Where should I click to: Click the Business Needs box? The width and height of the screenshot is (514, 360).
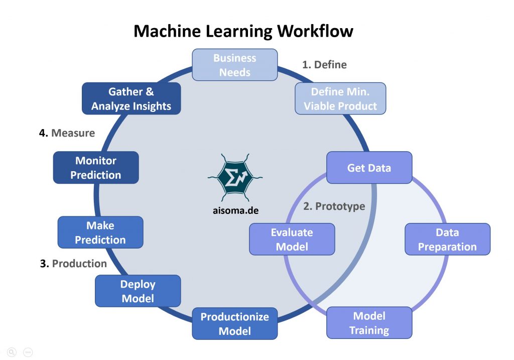pyautogui.click(x=234, y=65)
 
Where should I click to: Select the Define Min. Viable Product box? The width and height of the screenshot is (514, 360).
pyautogui.click(x=340, y=99)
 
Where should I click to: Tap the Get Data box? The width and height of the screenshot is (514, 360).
pyautogui.click(x=369, y=168)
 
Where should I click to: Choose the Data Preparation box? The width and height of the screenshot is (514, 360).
pyautogui.click(x=447, y=239)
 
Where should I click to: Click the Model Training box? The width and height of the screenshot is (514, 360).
pyautogui.click(x=369, y=323)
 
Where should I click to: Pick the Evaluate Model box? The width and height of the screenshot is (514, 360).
pyautogui.click(x=292, y=239)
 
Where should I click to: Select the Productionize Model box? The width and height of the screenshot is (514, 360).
pyautogui.click(x=234, y=324)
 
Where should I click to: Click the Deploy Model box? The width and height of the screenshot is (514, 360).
pyautogui.click(x=138, y=291)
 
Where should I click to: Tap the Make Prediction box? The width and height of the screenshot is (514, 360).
pyautogui.click(x=100, y=232)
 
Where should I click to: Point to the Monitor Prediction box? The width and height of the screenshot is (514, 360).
pyautogui.click(x=95, y=168)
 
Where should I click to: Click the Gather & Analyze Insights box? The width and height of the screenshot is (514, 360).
pyautogui.click(x=131, y=99)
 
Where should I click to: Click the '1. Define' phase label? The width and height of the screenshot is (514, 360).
pyautogui.click(x=324, y=65)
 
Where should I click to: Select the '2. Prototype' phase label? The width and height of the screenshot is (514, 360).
pyautogui.click(x=334, y=206)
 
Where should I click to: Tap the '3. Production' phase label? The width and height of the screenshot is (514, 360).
pyautogui.click(x=73, y=264)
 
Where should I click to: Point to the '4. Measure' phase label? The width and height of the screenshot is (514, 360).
pyautogui.click(x=67, y=134)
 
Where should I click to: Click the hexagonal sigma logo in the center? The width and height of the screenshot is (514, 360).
pyautogui.click(x=234, y=176)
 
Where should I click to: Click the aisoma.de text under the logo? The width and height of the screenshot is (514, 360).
pyautogui.click(x=234, y=210)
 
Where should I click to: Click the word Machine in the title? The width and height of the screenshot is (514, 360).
pyautogui.click(x=166, y=31)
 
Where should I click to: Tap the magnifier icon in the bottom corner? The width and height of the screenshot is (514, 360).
pyautogui.click(x=12, y=352)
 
